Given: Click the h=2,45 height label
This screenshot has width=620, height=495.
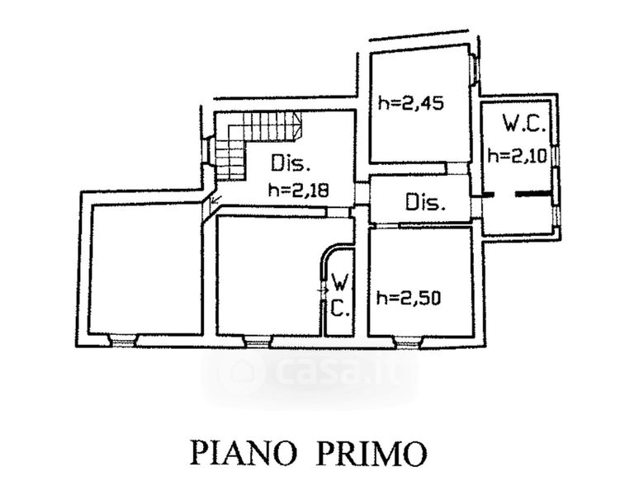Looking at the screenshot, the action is coord(411,103).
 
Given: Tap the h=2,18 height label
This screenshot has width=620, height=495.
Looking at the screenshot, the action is coord(298,191).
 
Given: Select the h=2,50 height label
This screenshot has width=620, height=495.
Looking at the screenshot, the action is coord(409,298).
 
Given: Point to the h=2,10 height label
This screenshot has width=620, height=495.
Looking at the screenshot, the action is coord(517,156).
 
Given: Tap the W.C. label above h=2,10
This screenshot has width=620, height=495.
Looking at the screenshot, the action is coord(524,124).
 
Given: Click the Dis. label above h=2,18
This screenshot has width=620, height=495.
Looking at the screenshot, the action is coord(291,163).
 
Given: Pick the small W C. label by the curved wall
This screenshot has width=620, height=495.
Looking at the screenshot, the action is coord(340,295).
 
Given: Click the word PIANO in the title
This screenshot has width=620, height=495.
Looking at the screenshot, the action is coord(244,453).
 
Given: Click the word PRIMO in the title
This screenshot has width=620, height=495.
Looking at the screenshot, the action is coord(372,453).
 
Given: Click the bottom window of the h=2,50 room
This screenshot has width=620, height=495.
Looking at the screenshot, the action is coord(408,342).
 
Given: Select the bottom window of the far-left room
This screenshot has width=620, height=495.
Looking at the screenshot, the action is coord(123,341).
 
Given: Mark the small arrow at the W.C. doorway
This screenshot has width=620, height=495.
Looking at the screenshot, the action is coord(323,290).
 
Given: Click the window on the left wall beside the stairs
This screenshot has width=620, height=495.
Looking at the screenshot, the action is coord(206,149).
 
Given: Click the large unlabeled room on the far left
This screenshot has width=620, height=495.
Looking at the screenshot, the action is coord(145,270).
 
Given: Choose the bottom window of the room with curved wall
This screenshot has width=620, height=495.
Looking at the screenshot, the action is coord(258,342).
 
